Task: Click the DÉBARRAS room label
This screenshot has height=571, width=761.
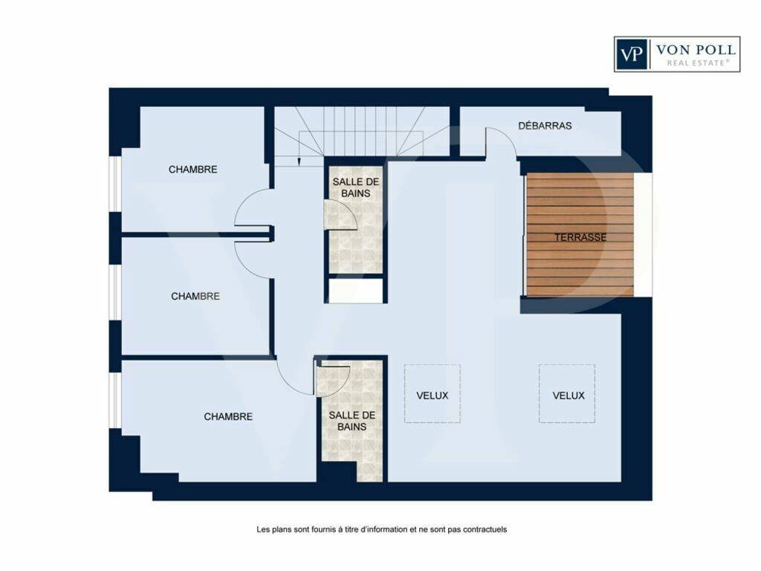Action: coord(545,126)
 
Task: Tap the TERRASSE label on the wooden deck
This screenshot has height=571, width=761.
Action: coord(580,237)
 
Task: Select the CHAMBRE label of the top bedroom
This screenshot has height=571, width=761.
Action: coord(192,170)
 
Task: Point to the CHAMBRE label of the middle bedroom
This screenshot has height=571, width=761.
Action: coord(195,296)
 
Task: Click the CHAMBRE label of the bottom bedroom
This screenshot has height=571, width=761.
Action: coord(228,416)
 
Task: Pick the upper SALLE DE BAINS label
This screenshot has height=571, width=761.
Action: coord(356,187)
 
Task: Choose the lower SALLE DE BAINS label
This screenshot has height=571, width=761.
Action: coord(352,421)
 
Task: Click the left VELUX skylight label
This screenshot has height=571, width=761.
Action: coord(432,396)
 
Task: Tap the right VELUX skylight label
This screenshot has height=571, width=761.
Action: coord(569,396)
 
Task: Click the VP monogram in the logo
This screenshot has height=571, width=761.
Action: coord(632,54)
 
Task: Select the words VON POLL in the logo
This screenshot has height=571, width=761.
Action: coord(696,50)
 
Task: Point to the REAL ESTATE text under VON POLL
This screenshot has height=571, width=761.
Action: coord(698,62)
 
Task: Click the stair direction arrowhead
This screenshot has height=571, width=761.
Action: coord(299,163)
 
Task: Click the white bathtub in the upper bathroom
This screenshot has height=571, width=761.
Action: coord(356,291)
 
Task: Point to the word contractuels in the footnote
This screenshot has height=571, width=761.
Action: coord(485,529)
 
